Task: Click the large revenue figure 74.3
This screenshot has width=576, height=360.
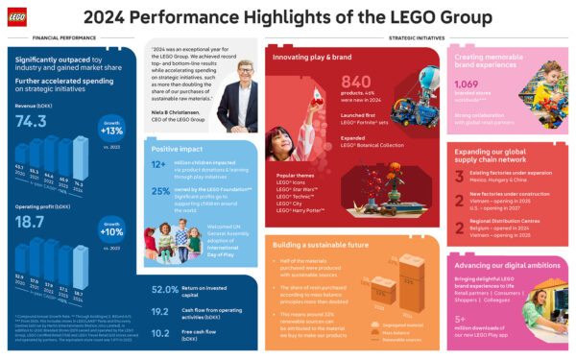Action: tap(31, 121)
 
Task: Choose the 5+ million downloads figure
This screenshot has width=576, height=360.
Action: tap(466, 318)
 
